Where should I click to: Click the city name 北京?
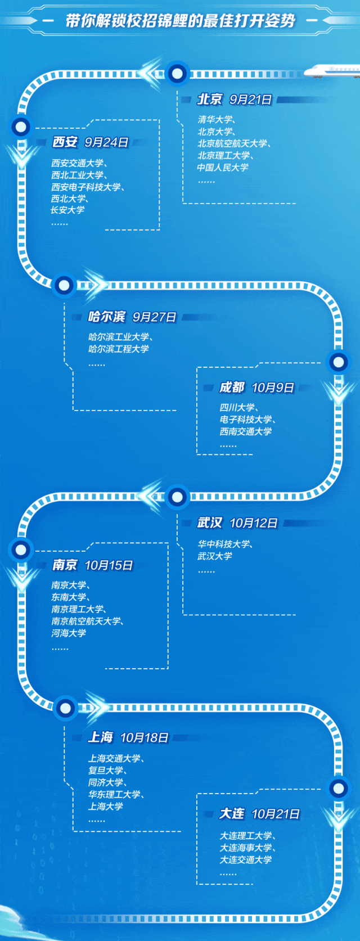pos(209,100)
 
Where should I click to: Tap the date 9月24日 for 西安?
pos(106,142)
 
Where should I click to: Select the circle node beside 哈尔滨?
pos(64,285)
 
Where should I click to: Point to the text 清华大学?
pos(215,119)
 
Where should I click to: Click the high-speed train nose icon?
pos(332,71)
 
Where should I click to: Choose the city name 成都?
pos(232,388)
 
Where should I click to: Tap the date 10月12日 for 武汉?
pos(253,523)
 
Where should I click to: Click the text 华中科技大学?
pos(224,544)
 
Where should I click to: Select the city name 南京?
pos(65,565)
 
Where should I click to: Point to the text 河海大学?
pos(69,633)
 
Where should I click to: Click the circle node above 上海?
pos(65,707)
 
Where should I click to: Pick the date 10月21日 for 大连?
pos(275,814)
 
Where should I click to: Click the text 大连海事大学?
pos(245,848)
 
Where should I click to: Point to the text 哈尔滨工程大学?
pos(119,349)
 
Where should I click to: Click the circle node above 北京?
pos(178,73)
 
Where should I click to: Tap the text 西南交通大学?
pos(245,431)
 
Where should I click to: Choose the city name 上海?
pos(101,737)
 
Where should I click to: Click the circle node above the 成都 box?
pos(339,362)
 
